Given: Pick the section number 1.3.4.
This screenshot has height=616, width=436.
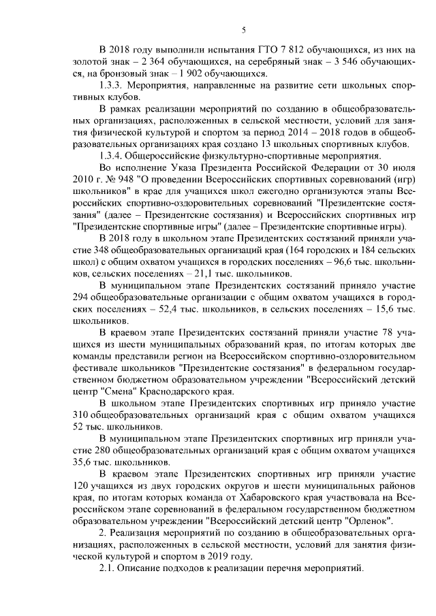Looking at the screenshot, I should [x=112, y=156].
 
